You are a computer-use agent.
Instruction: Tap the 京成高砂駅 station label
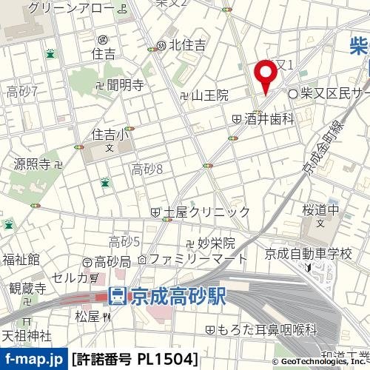(166, 297)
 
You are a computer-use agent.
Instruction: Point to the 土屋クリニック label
(201, 212)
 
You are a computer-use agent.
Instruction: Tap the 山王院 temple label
(204, 95)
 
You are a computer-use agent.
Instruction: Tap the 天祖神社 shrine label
(26, 336)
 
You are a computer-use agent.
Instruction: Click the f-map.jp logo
(33, 360)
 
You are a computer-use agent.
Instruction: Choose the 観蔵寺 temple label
(28, 289)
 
